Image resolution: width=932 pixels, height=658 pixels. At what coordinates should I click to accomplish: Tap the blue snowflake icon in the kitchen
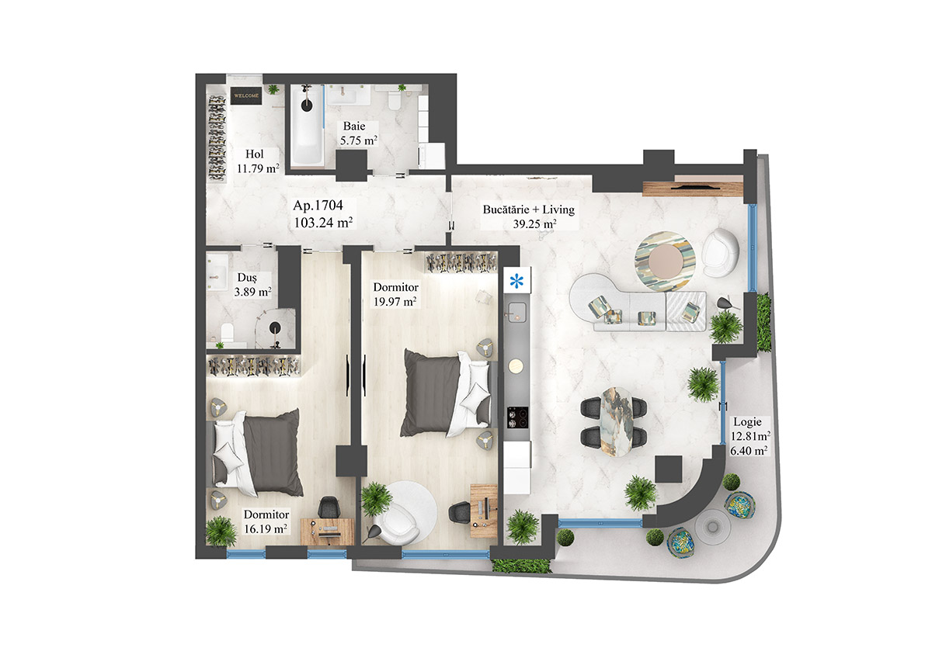pos(516,281)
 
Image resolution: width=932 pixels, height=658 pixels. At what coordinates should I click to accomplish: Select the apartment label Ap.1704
pos(323,214)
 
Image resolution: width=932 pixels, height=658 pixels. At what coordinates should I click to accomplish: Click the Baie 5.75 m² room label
pos(358,134)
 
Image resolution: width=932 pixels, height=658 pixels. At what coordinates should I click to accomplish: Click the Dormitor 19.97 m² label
pos(395,294)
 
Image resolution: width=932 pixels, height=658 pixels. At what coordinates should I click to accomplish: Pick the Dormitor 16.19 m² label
pos(266,521)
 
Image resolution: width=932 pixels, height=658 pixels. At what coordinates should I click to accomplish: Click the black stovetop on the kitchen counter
pos(517,417)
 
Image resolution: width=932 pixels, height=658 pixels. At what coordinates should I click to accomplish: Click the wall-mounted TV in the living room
pos(694,187)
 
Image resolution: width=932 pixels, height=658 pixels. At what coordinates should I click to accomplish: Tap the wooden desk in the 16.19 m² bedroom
pos(328,531)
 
